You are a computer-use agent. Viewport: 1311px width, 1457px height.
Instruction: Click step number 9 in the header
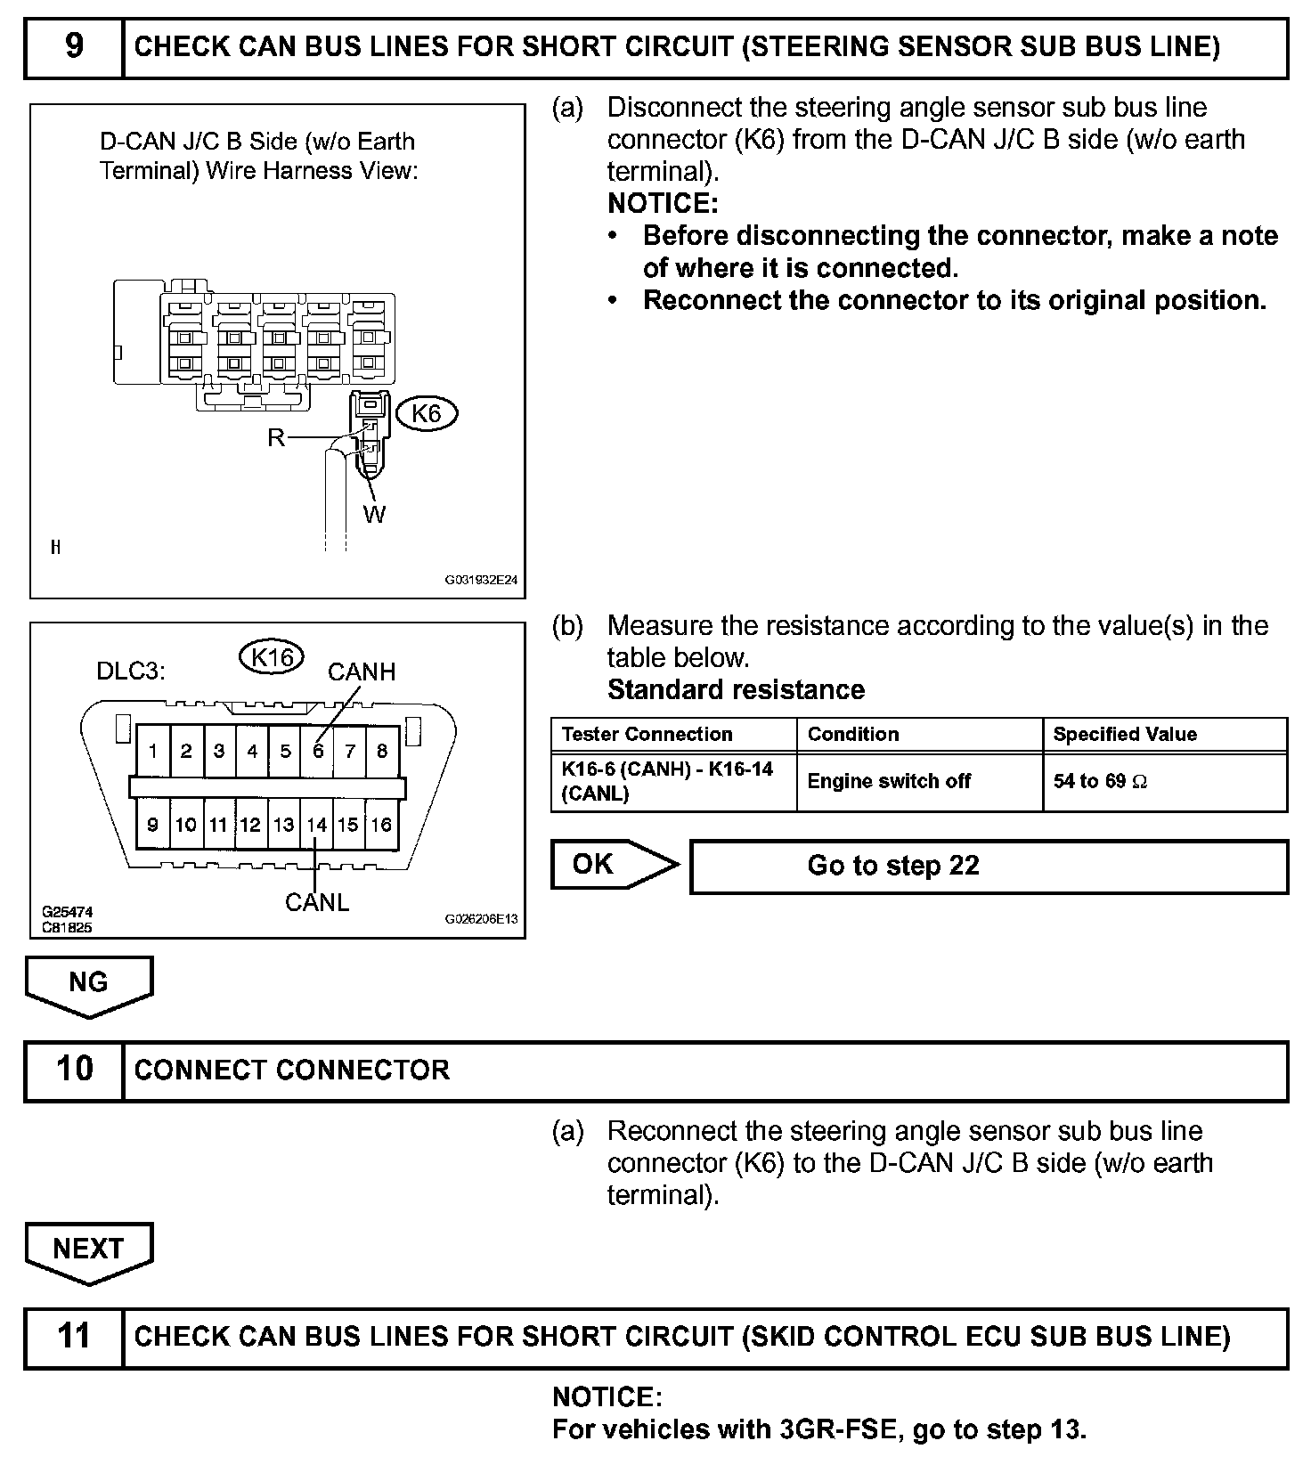tap(74, 46)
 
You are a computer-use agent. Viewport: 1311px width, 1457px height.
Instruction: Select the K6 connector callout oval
tap(427, 413)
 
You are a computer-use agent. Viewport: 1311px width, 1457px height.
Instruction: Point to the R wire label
tap(276, 437)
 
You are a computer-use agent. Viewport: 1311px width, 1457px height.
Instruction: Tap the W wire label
tap(374, 514)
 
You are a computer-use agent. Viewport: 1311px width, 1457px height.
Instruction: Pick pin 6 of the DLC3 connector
tap(318, 751)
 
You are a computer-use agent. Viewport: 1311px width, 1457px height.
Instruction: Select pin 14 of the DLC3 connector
tap(317, 825)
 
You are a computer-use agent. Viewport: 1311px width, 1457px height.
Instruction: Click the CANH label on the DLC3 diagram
tap(362, 672)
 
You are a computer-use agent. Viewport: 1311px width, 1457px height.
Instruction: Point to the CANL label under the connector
tap(317, 902)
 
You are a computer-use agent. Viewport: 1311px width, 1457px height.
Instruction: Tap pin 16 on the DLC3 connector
tap(381, 825)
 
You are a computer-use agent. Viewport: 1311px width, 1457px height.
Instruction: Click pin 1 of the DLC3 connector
tap(153, 751)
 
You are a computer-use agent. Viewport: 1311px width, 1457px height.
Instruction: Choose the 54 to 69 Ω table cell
tap(1100, 781)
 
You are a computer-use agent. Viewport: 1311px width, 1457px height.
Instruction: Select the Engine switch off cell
tap(889, 781)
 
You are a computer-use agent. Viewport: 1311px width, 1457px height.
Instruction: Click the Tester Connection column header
tap(647, 734)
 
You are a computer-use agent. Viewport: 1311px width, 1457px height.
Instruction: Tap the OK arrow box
tap(606, 864)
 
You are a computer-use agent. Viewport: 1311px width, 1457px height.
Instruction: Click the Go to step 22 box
tap(989, 866)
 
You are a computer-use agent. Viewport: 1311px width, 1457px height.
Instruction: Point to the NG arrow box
tap(88, 983)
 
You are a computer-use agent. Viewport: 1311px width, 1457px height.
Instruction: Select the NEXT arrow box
tap(88, 1249)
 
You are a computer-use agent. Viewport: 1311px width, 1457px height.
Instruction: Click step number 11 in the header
tap(74, 1336)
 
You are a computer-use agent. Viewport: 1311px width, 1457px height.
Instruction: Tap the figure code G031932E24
tap(481, 579)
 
